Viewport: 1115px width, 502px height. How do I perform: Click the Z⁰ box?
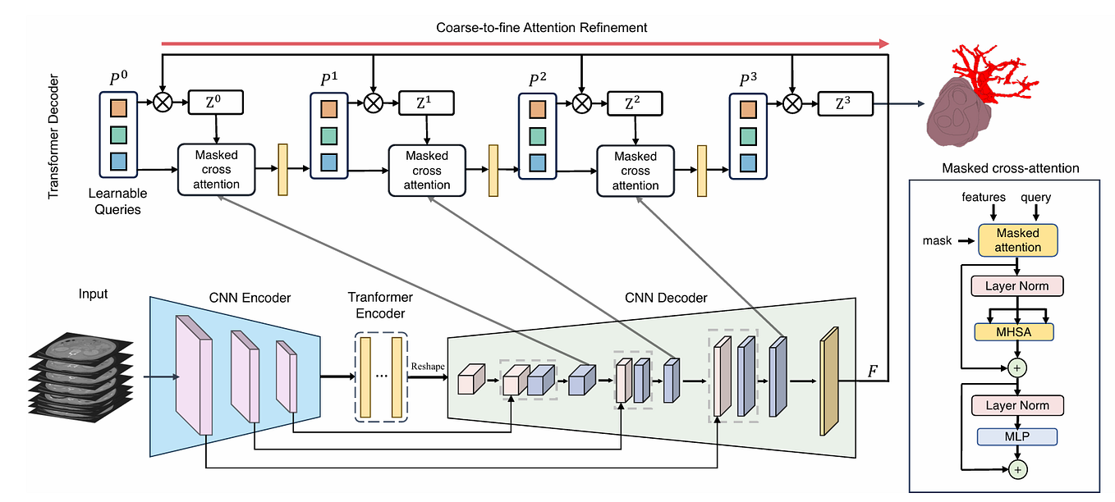(214, 104)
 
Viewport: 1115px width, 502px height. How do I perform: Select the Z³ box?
(844, 104)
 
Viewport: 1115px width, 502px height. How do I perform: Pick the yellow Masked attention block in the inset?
(1017, 240)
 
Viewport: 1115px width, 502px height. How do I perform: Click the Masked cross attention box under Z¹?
(426, 170)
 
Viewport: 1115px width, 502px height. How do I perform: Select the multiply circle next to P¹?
(374, 104)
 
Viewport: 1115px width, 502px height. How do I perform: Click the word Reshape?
(428, 365)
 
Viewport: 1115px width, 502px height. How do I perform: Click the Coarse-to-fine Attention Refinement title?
(541, 27)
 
